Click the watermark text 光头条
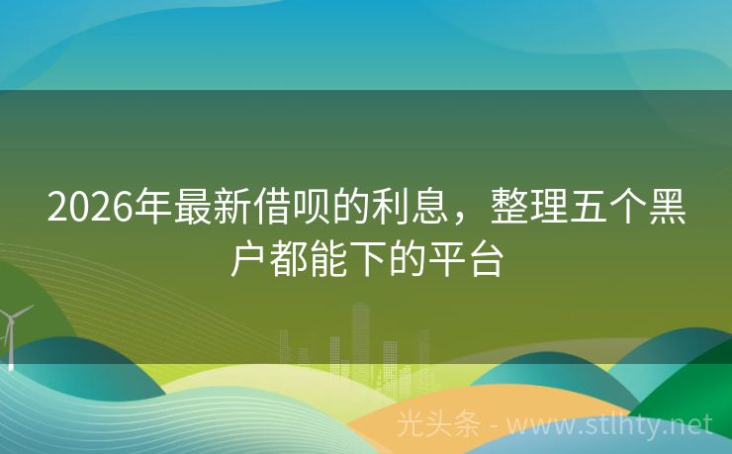[438, 424]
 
